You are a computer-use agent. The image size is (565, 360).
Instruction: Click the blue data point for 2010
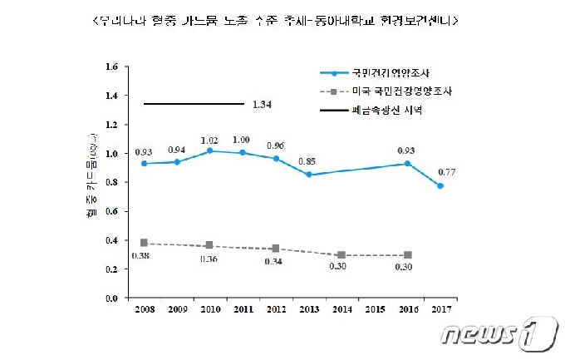point(209,150)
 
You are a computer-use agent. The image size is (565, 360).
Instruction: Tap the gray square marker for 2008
point(144,243)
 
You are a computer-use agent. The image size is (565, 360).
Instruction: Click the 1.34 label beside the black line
point(262,105)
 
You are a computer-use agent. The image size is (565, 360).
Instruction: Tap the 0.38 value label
point(143,256)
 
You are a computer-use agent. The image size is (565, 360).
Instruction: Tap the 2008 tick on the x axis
point(143,309)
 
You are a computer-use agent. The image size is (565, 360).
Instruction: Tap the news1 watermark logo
point(498,333)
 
